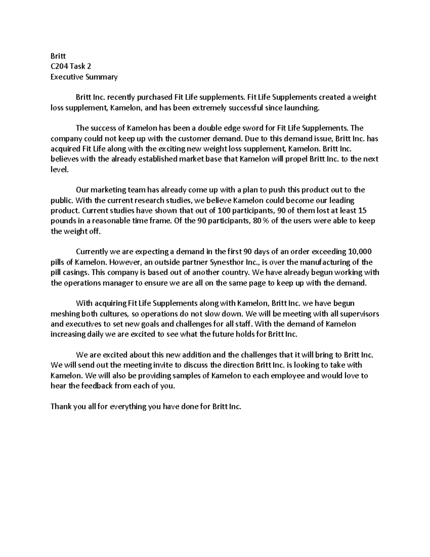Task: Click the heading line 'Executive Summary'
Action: point(84,77)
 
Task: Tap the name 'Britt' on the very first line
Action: point(58,56)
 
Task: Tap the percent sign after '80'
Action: point(265,221)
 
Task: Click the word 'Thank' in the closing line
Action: point(61,407)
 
